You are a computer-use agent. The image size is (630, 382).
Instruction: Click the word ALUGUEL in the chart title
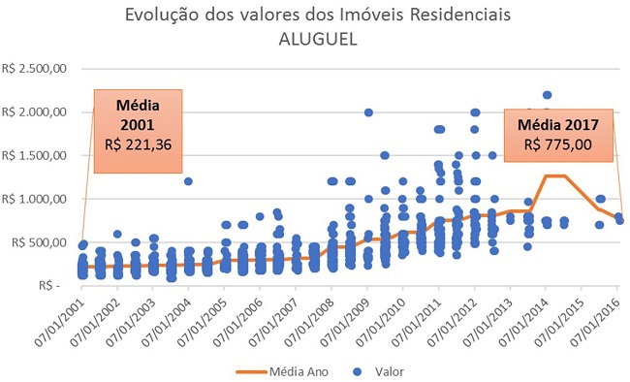click(316, 38)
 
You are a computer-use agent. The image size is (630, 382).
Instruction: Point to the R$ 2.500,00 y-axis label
click(35, 69)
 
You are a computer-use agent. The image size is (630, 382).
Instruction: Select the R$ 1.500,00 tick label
click(35, 155)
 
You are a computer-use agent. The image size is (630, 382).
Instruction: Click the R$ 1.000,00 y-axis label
click(35, 199)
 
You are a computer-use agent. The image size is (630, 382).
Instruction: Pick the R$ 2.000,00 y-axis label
click(35, 112)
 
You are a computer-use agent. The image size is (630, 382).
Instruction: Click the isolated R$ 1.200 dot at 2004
click(188, 181)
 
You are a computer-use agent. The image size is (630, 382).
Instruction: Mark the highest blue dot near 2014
click(547, 95)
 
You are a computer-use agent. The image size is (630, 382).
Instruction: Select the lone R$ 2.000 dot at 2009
click(368, 112)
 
